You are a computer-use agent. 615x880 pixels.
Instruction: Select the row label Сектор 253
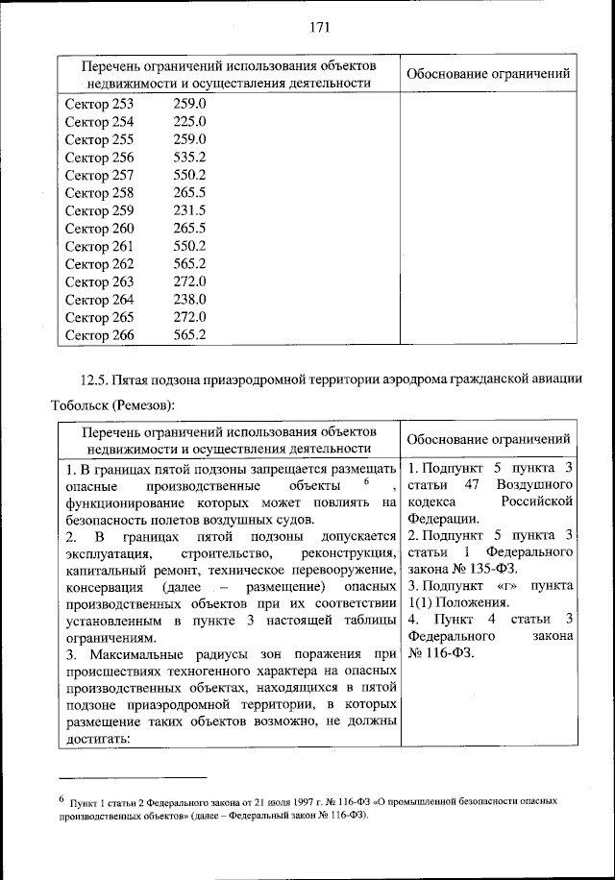point(99,104)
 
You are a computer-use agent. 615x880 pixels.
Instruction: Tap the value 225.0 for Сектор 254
point(190,122)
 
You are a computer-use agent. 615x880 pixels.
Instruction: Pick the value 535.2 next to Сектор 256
point(190,158)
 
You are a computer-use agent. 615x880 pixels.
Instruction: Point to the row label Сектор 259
point(99,210)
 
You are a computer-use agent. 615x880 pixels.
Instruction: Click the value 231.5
point(190,210)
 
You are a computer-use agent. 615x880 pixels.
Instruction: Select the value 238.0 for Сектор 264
point(190,299)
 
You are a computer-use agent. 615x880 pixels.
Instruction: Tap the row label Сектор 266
point(99,334)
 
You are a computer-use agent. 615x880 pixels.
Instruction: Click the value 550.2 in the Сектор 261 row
point(190,246)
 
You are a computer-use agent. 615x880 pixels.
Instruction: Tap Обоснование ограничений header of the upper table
point(487,74)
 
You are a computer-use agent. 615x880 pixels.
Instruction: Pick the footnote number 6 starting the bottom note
point(61,797)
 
